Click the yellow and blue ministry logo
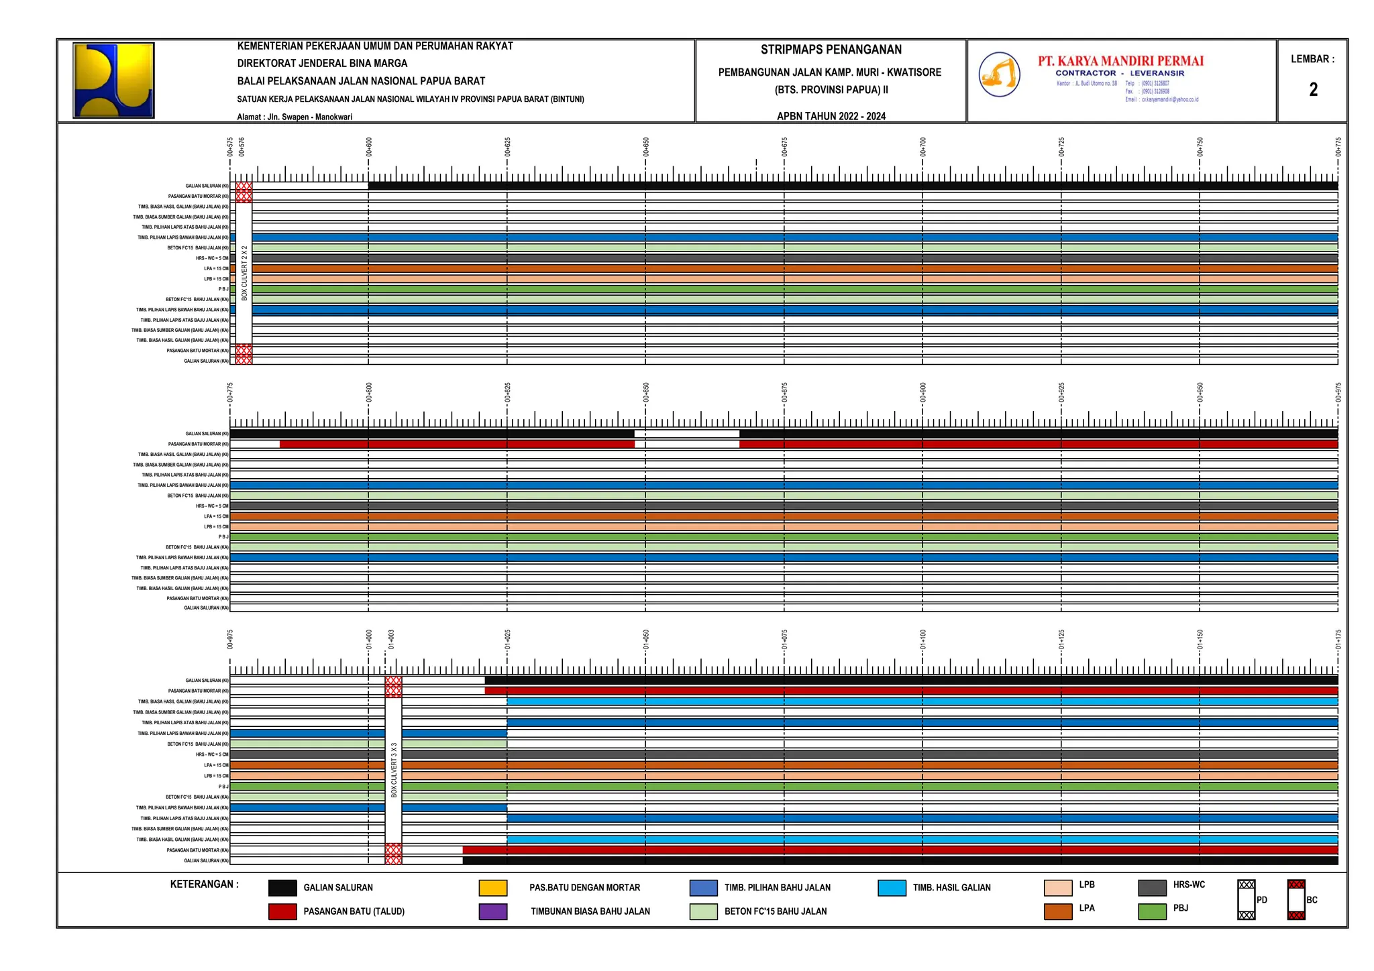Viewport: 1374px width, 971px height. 113,80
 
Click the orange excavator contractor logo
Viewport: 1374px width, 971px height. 999,74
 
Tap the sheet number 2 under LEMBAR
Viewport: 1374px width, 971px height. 1313,90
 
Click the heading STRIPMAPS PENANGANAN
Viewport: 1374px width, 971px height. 831,50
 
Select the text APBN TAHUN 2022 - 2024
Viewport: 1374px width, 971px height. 831,116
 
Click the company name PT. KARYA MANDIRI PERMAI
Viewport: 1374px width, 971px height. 1120,61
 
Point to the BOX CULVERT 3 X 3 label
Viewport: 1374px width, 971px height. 394,769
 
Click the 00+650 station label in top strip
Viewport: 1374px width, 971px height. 646,147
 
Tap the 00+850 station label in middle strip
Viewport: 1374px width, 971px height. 646,392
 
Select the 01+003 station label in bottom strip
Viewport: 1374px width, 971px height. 391,639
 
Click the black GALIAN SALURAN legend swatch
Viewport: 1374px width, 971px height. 282,888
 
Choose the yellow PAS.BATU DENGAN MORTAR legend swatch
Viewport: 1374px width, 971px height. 492,888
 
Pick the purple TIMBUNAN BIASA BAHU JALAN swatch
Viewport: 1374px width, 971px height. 492,911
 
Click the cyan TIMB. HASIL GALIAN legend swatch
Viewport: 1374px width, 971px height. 892,888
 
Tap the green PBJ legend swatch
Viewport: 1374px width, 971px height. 1152,911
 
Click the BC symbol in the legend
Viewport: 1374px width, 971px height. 1296,900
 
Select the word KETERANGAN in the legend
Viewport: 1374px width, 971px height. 204,884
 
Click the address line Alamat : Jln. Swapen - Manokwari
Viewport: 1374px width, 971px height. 295,117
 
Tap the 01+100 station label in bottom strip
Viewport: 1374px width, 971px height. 923,639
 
